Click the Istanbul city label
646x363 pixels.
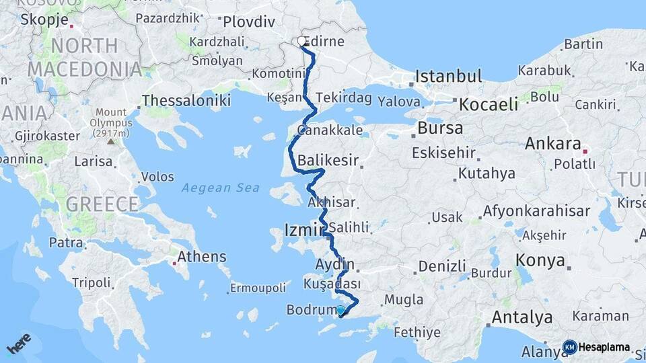448,76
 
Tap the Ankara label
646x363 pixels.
552,143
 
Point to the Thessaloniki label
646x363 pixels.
186,102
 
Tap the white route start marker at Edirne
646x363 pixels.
302,42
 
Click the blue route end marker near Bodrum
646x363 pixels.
340,311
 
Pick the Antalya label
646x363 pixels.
522,317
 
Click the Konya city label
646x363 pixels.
540,261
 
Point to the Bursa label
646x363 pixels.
440,128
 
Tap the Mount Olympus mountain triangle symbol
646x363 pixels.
110,141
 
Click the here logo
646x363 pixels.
19,345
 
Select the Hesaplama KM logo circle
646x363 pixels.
569,347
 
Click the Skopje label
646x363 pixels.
44,19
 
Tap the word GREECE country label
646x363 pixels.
102,204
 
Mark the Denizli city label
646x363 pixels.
442,266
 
